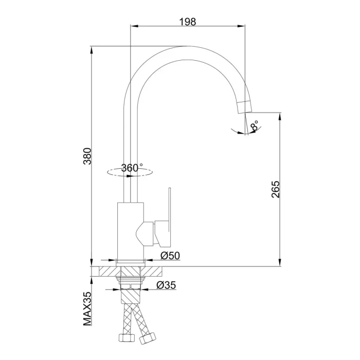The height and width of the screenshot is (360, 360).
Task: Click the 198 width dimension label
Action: point(188,22)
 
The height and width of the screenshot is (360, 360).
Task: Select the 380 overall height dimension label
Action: point(87,156)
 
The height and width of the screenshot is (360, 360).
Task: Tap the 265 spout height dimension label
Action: point(276,189)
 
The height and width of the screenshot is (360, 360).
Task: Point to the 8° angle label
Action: point(255,126)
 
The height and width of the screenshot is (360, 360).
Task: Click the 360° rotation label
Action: point(132,168)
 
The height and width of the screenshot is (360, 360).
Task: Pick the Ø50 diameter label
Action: point(170,256)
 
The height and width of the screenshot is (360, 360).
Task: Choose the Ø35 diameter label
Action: point(166,285)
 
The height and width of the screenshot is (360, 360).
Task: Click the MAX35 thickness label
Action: point(87,309)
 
